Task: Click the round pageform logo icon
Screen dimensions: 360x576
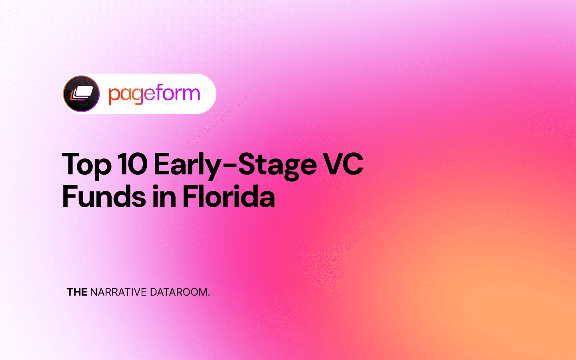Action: pyautogui.click(x=81, y=94)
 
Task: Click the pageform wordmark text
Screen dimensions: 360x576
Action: pyautogui.click(x=154, y=94)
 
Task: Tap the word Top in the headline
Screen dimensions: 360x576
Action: pyautogui.click(x=86, y=164)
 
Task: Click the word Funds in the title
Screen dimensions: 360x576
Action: pyautogui.click(x=104, y=196)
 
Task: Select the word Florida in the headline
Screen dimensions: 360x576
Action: pyautogui.click(x=229, y=196)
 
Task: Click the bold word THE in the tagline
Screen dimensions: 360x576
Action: pyautogui.click(x=77, y=292)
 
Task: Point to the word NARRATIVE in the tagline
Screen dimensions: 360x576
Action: pyautogui.click(x=118, y=292)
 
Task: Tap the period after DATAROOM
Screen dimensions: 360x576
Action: pyautogui.click(x=209, y=295)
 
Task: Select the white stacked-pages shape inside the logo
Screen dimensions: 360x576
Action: pyautogui.click(x=84, y=92)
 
